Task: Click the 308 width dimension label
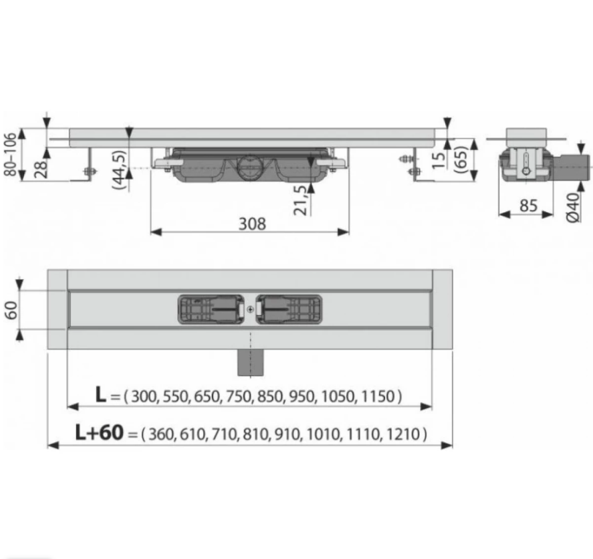coord(253,224)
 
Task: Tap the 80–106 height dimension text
coord(11,154)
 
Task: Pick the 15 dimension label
coord(439,161)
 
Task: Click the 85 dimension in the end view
coord(529,206)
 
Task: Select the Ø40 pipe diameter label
coord(573,207)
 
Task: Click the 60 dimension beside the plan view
coord(11,310)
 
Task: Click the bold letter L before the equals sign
coord(101,395)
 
